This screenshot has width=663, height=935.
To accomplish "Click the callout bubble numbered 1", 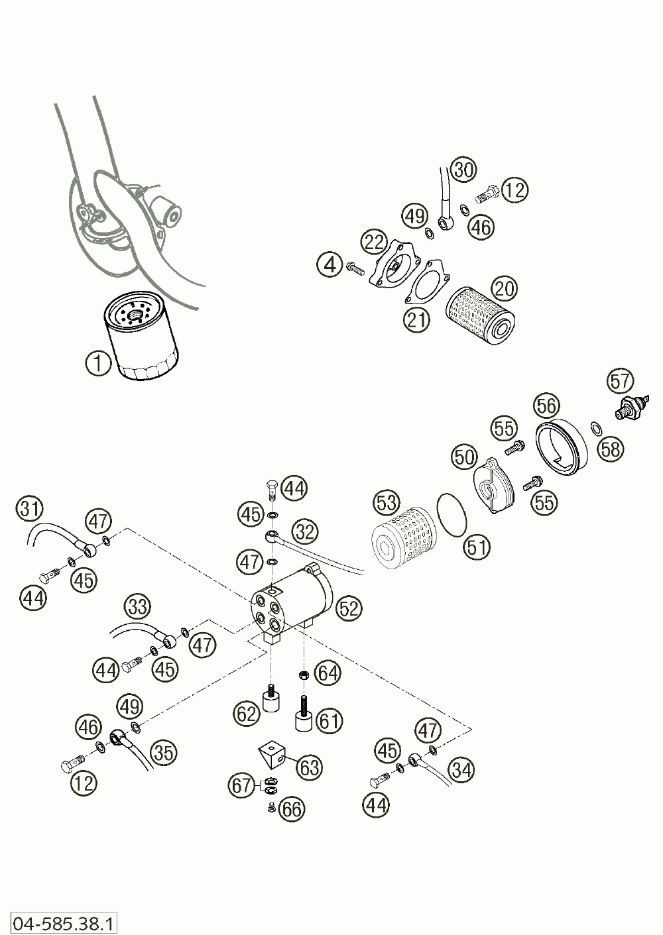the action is [98, 362].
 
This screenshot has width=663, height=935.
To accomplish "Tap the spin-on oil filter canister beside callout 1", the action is [141, 339].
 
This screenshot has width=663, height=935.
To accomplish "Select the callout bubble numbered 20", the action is [505, 289].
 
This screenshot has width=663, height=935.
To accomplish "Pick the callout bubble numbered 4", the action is [329, 265].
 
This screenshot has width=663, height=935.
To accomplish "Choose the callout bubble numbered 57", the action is [621, 381].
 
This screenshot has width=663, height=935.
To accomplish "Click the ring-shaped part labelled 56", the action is [560, 446].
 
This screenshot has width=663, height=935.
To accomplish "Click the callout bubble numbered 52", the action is [348, 608].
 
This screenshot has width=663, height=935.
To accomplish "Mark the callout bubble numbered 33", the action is [139, 606].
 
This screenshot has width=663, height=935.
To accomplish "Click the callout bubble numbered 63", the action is [310, 767].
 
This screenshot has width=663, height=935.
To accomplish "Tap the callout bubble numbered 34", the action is [461, 770].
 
